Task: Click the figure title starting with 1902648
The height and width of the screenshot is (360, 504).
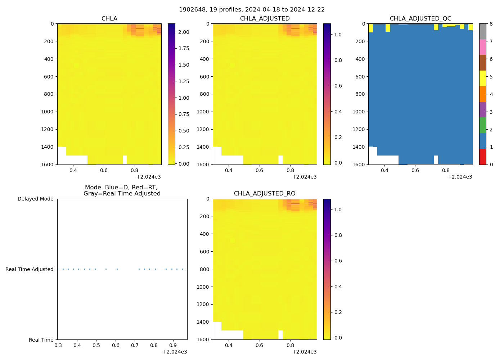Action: click(252, 9)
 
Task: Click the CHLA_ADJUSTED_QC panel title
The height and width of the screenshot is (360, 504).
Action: click(420, 19)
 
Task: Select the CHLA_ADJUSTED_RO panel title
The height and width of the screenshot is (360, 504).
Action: click(265, 194)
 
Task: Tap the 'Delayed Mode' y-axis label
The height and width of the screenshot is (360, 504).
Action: click(35, 199)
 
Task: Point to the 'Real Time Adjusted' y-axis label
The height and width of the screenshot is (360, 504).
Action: click(30, 269)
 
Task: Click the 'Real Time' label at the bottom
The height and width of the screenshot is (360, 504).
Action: click(41, 340)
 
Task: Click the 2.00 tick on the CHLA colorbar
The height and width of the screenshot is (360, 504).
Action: click(184, 32)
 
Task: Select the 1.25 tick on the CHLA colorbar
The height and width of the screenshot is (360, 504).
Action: click(184, 81)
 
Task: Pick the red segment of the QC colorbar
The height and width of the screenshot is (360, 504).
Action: click(482, 157)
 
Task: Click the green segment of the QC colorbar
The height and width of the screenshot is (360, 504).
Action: click(482, 125)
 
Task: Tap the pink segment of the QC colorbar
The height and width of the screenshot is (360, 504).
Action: click(482, 47)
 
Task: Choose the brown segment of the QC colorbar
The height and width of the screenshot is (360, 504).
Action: click(482, 63)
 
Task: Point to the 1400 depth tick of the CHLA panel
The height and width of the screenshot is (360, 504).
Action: click(48, 147)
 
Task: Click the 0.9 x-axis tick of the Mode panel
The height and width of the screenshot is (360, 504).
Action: click(173, 345)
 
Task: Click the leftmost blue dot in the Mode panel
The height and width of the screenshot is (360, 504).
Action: click(63, 269)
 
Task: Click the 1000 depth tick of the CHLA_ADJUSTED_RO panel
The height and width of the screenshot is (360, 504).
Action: click(203, 287)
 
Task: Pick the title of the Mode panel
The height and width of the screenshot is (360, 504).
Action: click(122, 190)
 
